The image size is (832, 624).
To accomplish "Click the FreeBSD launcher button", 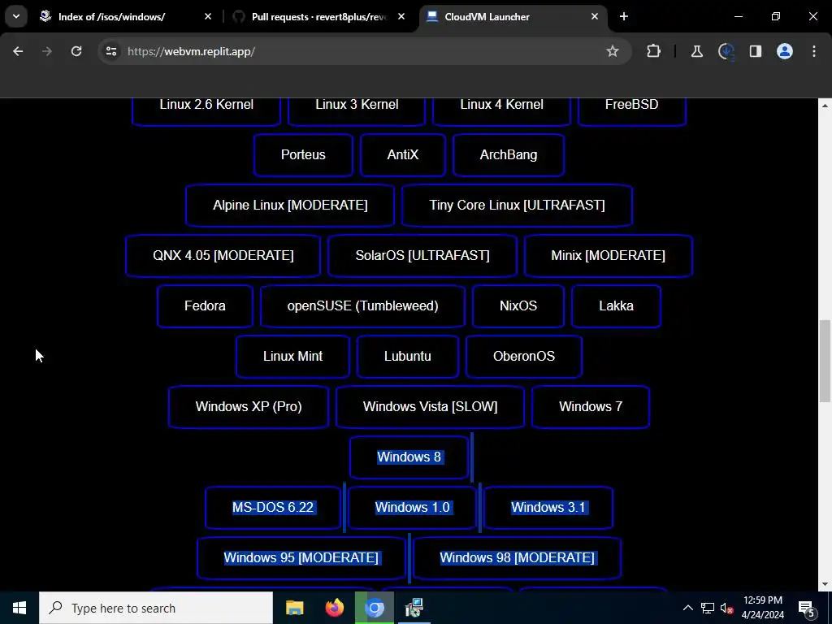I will pyautogui.click(x=631, y=106).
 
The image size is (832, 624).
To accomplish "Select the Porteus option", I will pyautogui.click(x=303, y=155).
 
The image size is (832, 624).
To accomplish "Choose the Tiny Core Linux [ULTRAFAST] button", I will pyautogui.click(x=517, y=206).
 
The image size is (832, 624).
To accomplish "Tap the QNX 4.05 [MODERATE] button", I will pyautogui.click(x=223, y=256).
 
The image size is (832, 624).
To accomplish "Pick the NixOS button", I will pyautogui.click(x=518, y=306).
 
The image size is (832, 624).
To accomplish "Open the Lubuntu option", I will pyautogui.click(x=407, y=357).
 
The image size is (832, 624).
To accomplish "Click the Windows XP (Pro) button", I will pyautogui.click(x=249, y=407).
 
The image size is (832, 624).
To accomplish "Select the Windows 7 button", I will pyautogui.click(x=591, y=407).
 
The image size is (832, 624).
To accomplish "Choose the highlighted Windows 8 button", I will pyautogui.click(x=409, y=457).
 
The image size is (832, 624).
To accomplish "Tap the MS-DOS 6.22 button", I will pyautogui.click(x=273, y=508).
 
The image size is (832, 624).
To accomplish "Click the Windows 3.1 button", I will pyautogui.click(x=548, y=508).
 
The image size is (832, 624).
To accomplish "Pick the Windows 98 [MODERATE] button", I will pyautogui.click(x=517, y=558).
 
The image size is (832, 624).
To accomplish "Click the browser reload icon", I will pyautogui.click(x=76, y=51).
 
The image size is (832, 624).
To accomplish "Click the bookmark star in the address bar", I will pyautogui.click(x=613, y=51).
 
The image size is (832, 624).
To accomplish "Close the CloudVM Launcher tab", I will pyautogui.click(x=595, y=16).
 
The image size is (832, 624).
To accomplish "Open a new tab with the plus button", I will pyautogui.click(x=624, y=16).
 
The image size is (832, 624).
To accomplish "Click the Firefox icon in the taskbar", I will pyautogui.click(x=335, y=608).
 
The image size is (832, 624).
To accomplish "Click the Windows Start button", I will pyautogui.click(x=19, y=608).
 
